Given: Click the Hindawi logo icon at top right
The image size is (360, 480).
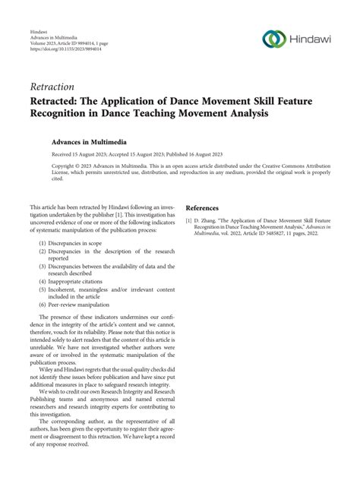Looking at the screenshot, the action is click(273, 38).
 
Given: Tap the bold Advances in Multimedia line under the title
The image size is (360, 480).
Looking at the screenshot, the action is click(90, 141).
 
